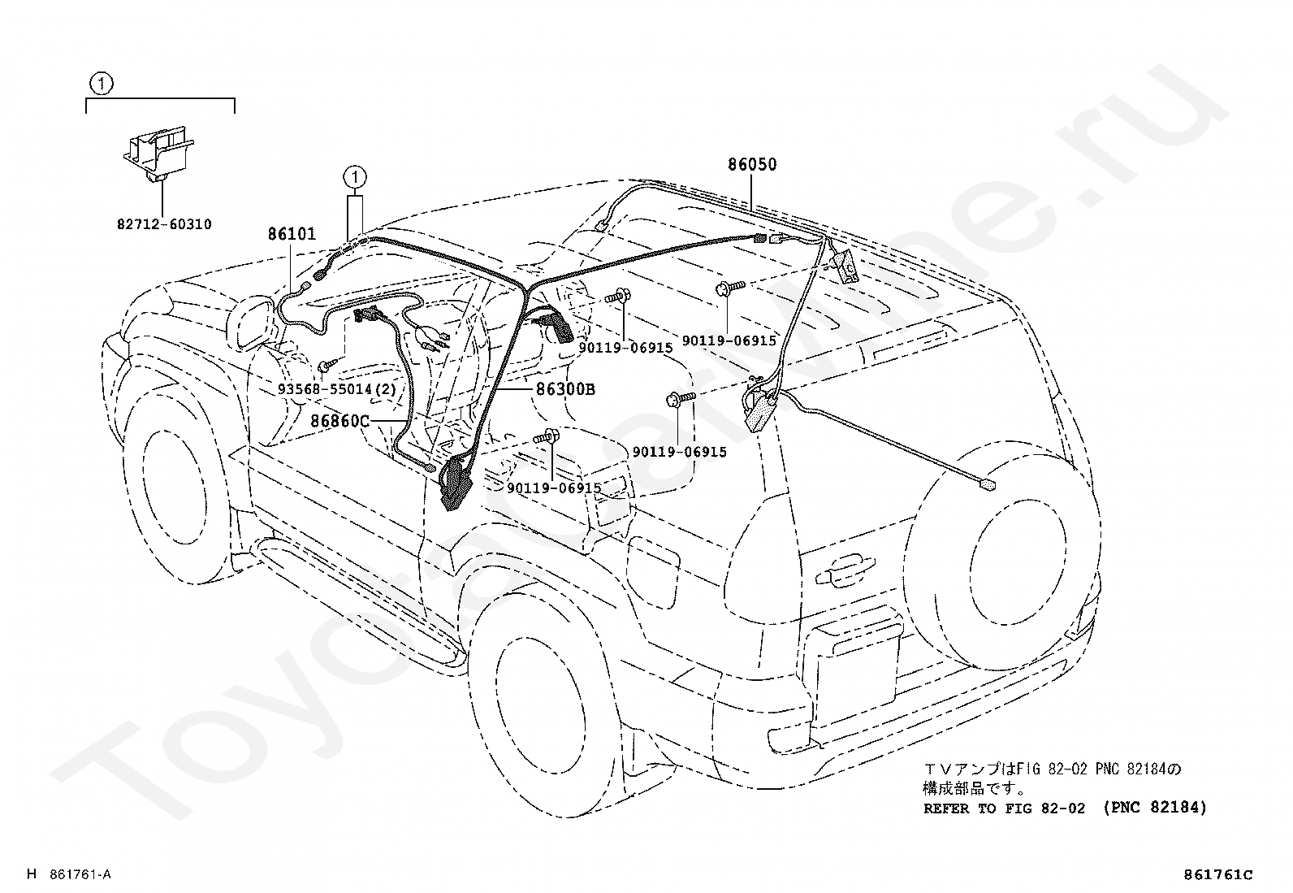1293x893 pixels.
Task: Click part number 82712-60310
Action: pyautogui.click(x=164, y=223)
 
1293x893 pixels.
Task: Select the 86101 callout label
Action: pyautogui.click(x=292, y=235)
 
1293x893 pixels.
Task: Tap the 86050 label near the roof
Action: pyautogui.click(x=751, y=164)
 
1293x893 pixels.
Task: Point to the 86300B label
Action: pyautogui.click(x=565, y=389)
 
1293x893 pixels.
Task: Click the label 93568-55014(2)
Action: pyautogui.click(x=336, y=389)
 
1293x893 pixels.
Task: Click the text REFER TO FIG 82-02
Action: pyautogui.click(x=1004, y=808)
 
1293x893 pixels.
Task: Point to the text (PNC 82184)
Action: pyautogui.click(x=1154, y=808)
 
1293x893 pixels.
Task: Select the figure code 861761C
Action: pyautogui.click(x=1218, y=874)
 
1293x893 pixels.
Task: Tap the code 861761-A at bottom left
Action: pyautogui.click(x=79, y=874)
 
